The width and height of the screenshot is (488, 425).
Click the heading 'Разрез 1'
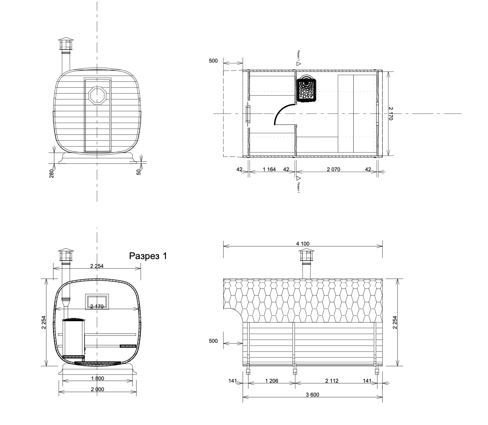[x=148, y=256]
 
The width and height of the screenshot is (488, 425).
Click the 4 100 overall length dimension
[x=303, y=244]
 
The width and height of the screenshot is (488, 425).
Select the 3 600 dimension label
[x=313, y=395]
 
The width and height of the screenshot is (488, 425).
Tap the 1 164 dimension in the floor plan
[x=269, y=169]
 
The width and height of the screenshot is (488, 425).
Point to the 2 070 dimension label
[x=333, y=169]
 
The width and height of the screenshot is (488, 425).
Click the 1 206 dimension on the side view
[x=272, y=381]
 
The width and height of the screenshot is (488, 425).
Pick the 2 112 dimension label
[x=332, y=381]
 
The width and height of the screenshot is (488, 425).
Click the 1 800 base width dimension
[x=97, y=378]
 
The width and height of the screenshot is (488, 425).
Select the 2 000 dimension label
[x=97, y=389]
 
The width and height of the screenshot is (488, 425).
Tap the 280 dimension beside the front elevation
[x=52, y=173]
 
